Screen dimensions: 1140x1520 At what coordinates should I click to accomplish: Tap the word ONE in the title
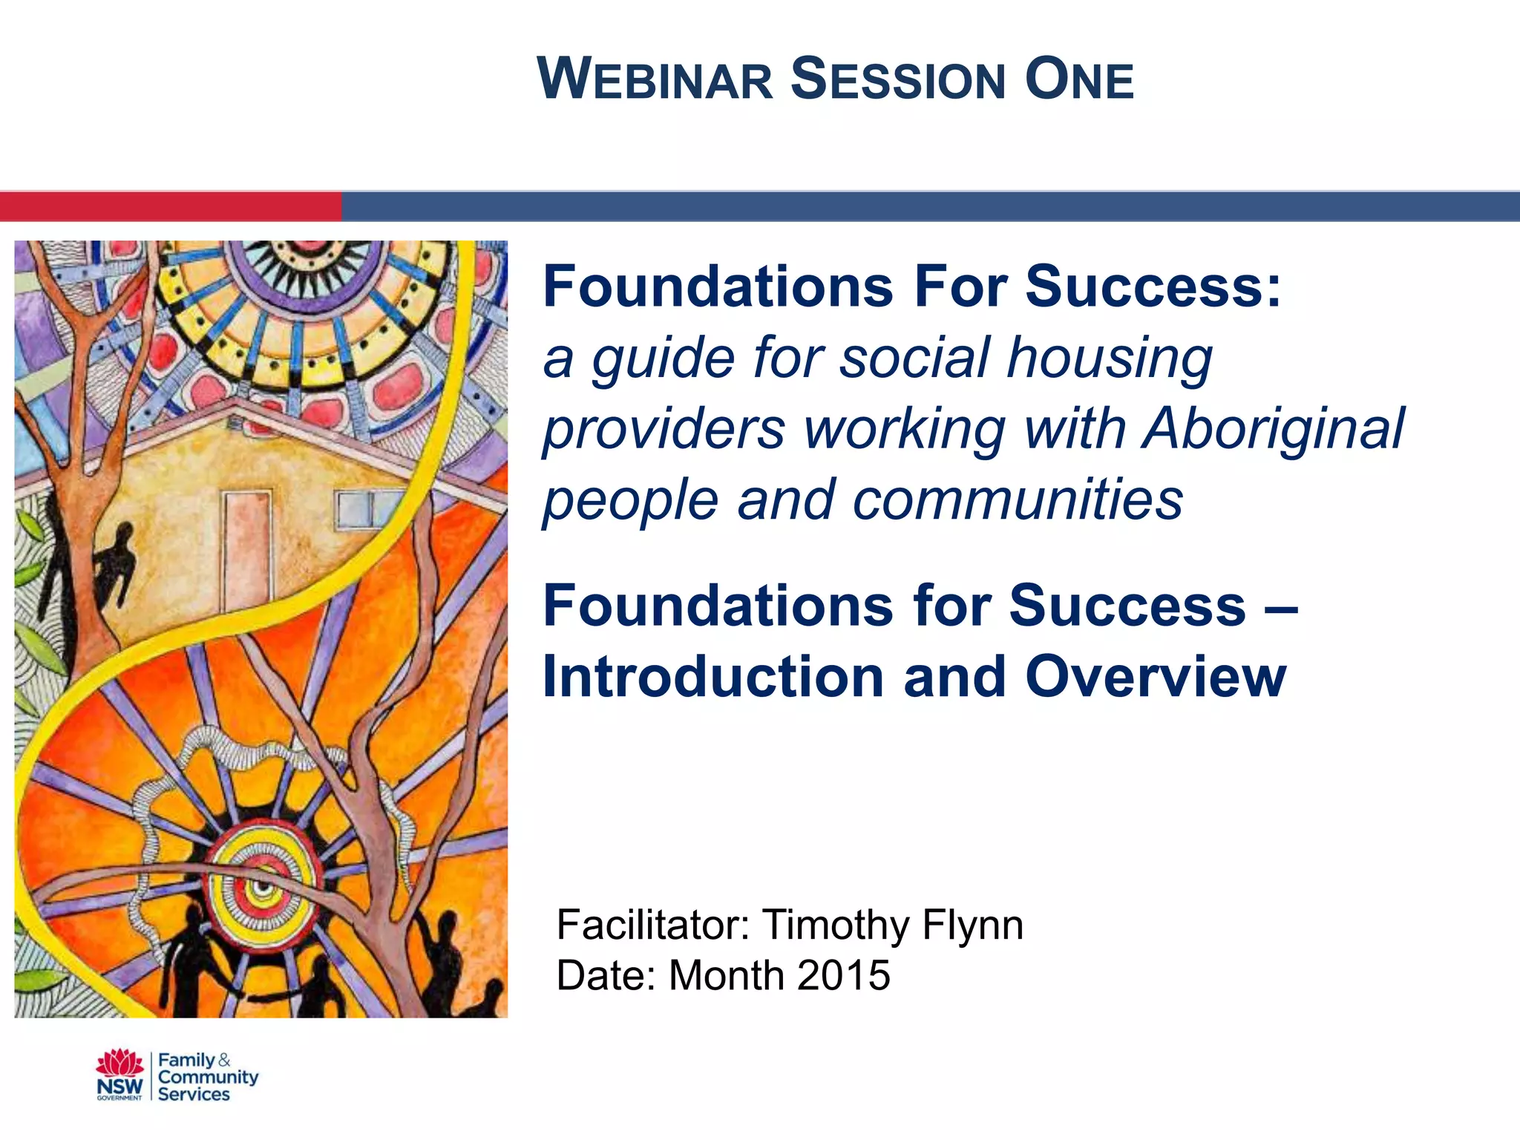pos(1079,79)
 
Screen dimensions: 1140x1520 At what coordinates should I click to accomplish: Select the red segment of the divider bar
pos(171,206)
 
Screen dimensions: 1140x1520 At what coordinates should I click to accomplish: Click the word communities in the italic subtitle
pos(1018,499)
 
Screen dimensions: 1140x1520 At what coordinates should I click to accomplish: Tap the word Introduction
pos(714,677)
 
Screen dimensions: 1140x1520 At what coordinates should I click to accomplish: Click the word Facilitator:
pos(653,925)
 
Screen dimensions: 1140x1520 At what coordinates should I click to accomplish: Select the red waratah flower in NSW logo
pos(119,1063)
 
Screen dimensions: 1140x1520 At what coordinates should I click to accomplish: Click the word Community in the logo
pos(208,1077)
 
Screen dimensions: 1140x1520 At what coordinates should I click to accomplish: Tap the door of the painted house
pos(248,549)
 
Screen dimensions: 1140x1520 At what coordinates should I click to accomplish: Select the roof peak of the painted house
pos(236,407)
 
